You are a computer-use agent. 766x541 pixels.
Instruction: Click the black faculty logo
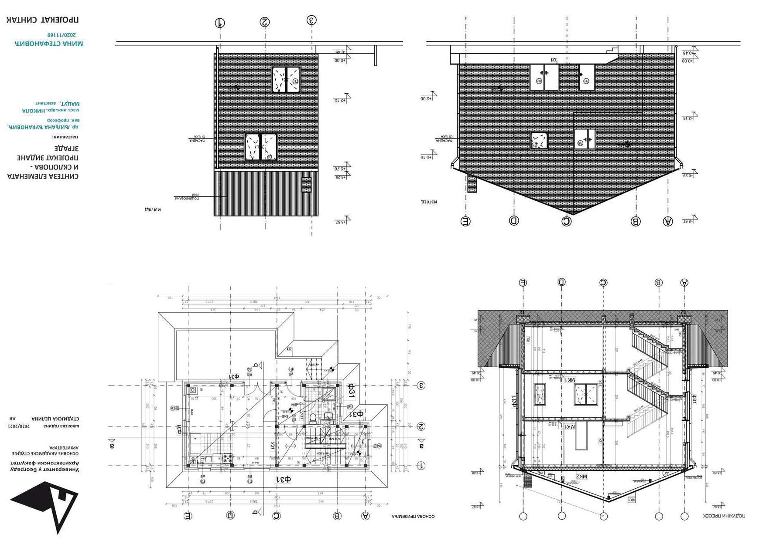(46, 505)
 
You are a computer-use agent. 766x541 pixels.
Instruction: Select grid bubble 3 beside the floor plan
(421, 385)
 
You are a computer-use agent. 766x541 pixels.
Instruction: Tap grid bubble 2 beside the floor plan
(421, 426)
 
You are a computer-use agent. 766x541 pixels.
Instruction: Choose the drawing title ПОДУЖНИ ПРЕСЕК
(725, 516)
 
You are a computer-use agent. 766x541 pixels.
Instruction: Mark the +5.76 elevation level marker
(340, 168)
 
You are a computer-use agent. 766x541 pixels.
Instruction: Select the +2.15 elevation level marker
(340, 100)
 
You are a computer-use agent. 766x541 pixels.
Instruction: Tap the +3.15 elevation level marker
(689, 118)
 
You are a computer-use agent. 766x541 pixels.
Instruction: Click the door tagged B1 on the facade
(587, 77)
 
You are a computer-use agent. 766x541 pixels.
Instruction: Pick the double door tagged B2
(544, 77)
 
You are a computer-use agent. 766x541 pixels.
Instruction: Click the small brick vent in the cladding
(306, 184)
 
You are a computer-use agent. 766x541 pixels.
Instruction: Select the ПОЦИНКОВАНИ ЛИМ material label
(188, 197)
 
